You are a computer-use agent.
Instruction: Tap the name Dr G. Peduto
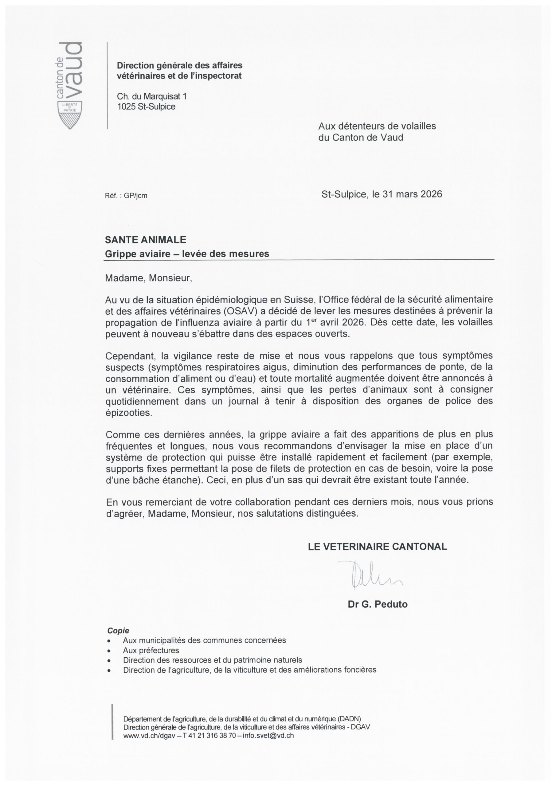pyautogui.click(x=378, y=605)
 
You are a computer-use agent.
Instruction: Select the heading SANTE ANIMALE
pyautogui.click(x=146, y=239)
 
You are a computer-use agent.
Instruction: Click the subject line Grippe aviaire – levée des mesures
pyautogui.click(x=187, y=254)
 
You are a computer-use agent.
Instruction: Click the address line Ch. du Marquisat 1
pyautogui.click(x=152, y=96)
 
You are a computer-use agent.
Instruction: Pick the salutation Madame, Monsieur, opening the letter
pyautogui.click(x=149, y=278)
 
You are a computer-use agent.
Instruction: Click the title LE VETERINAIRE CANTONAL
pyautogui.click(x=378, y=547)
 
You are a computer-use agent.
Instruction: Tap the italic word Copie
pyautogui.click(x=118, y=631)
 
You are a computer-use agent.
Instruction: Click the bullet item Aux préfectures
pyautogui.click(x=151, y=650)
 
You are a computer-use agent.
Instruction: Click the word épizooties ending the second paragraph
pyautogui.click(x=128, y=413)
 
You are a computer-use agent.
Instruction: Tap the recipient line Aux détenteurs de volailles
pyautogui.click(x=377, y=126)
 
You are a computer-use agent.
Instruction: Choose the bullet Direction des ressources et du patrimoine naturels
pyautogui.click(x=212, y=660)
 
